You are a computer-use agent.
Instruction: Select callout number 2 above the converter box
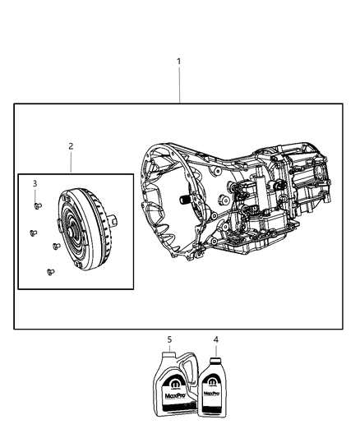click(x=71, y=145)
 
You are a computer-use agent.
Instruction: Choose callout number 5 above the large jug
click(x=170, y=339)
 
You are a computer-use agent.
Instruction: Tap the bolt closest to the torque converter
click(x=56, y=244)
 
